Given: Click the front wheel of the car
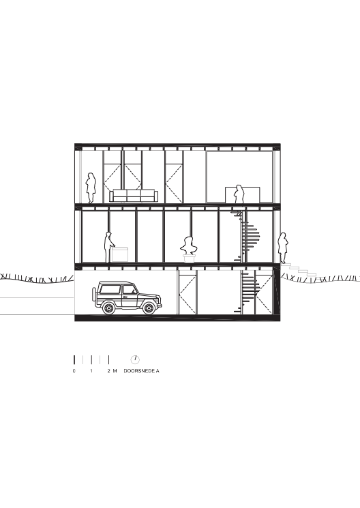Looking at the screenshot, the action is (149, 308).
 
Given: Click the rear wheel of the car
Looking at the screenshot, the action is (108, 308).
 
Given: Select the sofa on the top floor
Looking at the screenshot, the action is (134, 196).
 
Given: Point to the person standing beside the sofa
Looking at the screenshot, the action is (91, 188).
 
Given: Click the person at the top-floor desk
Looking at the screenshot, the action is (239, 194).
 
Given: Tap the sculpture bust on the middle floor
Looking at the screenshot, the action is (187, 245).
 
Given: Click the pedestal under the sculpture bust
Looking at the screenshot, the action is (188, 258).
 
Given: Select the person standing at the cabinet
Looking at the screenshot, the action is (108, 247).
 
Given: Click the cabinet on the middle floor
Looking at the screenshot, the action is (119, 254).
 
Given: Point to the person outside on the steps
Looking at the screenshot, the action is (283, 248).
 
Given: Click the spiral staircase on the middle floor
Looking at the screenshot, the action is (245, 236).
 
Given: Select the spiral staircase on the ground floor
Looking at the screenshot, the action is (247, 293).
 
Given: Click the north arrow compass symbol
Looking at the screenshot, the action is (135, 359).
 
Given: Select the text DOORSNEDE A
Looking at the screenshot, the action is (141, 371).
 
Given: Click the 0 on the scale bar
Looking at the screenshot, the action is (74, 371).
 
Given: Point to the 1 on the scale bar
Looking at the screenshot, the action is (91, 371).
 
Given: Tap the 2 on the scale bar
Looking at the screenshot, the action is (109, 371).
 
